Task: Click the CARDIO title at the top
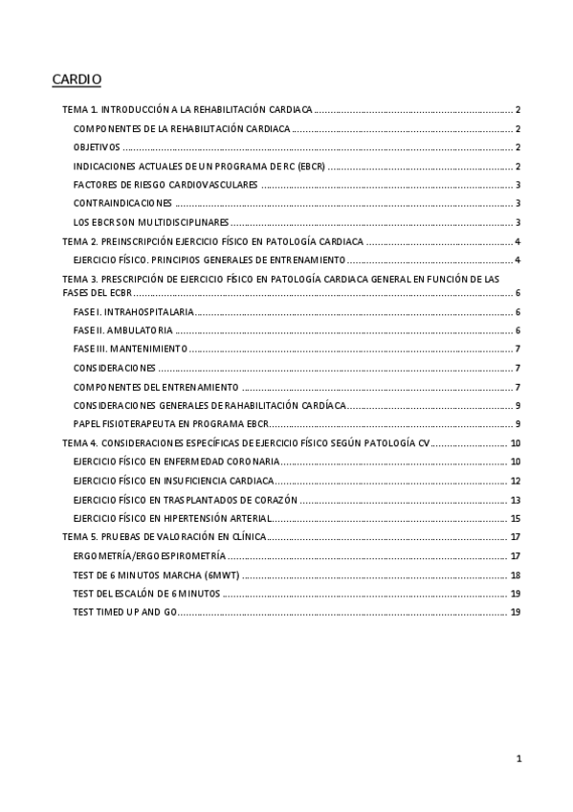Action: [x=76, y=79]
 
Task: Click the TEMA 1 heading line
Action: [x=187, y=111]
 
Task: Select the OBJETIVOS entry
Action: [x=97, y=147]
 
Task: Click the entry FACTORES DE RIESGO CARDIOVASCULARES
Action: [x=165, y=185]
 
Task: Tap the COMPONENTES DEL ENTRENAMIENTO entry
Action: [x=156, y=387]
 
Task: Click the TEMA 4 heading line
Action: [x=247, y=443]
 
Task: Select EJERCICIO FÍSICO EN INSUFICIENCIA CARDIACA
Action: [x=173, y=481]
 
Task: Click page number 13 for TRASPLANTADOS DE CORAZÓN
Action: [x=515, y=500]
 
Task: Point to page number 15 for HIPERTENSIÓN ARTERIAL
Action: [x=515, y=518]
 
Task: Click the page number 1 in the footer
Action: [x=518, y=759]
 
